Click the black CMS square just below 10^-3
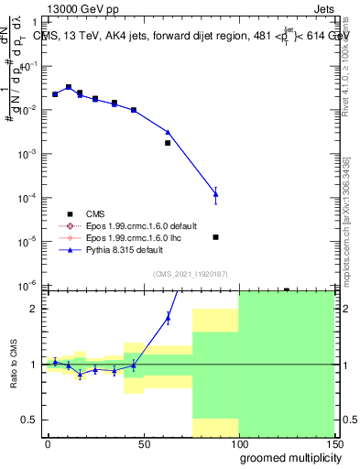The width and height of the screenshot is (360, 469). coord(168,143)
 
